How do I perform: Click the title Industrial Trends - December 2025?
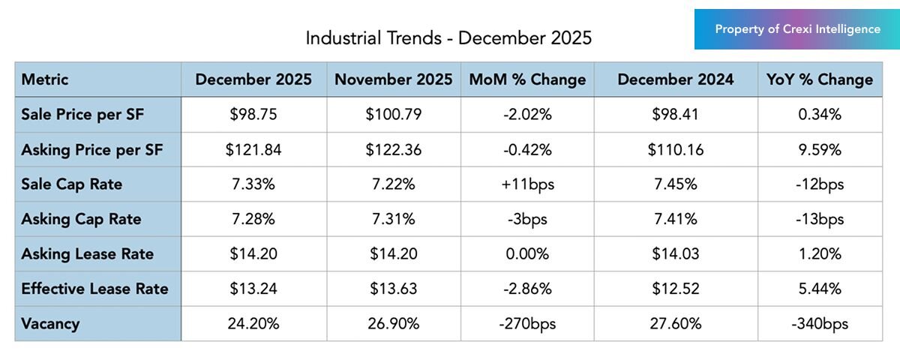coord(448,38)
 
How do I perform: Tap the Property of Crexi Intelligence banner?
coord(797,29)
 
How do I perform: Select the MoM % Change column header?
coord(526,79)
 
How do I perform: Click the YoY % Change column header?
coord(819,79)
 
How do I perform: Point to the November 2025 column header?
coord(393,79)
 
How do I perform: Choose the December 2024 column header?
coord(676,79)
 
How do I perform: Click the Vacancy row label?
coord(50,324)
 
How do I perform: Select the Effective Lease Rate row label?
coord(94,289)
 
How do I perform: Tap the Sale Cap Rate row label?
coord(72,184)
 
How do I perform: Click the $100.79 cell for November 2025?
coord(393,115)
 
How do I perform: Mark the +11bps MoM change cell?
coord(526,184)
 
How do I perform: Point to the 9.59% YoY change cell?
coord(819,150)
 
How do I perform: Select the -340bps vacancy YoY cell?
coord(819,324)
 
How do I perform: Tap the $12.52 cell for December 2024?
coord(676,289)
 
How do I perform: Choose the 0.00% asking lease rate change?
coord(526,254)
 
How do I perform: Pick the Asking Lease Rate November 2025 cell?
coord(393,254)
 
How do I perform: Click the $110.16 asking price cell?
coord(676,150)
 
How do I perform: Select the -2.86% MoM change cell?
coord(526,289)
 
